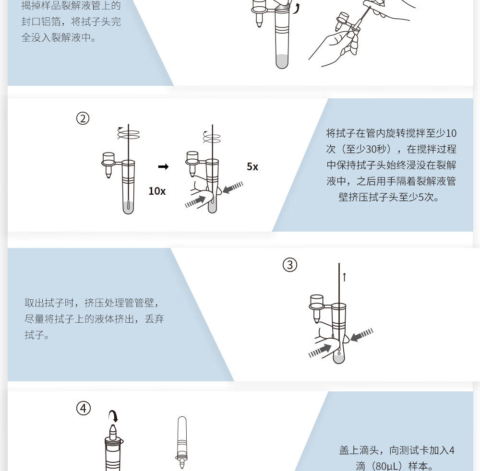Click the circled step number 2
tap(83, 118)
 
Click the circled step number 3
tap(290, 265)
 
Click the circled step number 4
tap(83, 409)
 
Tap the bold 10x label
tap(157, 191)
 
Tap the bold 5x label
tap(252, 167)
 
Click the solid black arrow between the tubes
tap(163, 167)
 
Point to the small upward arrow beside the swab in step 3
tap(344, 277)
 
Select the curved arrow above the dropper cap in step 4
tap(113, 415)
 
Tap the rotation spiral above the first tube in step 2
tap(128, 133)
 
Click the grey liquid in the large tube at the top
tap(282, 61)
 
